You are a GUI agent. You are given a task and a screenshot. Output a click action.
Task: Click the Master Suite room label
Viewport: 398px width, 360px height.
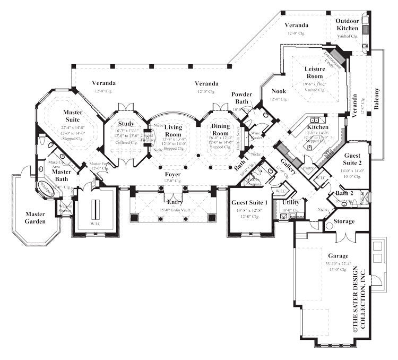pos(72,116)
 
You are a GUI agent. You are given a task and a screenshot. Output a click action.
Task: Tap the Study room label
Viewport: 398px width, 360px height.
pos(126,124)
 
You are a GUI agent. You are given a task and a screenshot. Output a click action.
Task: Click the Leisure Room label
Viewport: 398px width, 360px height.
pos(314,73)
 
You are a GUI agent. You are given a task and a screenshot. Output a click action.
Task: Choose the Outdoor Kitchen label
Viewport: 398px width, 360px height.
pos(347,24)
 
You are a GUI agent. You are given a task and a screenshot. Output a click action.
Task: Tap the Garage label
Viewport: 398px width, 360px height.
pos(338,255)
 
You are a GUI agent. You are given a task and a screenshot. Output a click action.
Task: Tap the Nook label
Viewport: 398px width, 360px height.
pos(279,91)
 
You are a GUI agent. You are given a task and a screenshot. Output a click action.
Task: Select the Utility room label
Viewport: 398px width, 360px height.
pos(291,202)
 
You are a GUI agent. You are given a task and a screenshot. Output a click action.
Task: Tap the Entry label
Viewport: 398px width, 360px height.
pos(174,203)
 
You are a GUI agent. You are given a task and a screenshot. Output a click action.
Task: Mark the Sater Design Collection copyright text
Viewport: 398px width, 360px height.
pos(359,300)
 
